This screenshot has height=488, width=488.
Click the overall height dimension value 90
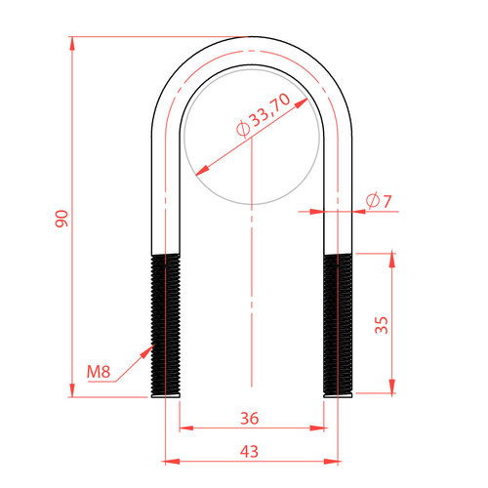(x=61, y=219)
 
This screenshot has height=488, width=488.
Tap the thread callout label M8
(x=99, y=372)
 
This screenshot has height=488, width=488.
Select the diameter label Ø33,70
(x=263, y=114)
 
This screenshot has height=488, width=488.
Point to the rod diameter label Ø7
(x=379, y=201)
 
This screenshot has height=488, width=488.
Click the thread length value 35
(x=382, y=325)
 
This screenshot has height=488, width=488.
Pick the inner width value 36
(x=250, y=419)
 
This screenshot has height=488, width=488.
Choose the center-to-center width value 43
(x=249, y=452)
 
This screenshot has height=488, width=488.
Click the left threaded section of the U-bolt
(x=166, y=324)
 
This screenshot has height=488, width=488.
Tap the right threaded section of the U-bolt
(x=338, y=324)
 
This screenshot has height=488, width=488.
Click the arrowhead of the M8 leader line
(x=148, y=350)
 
